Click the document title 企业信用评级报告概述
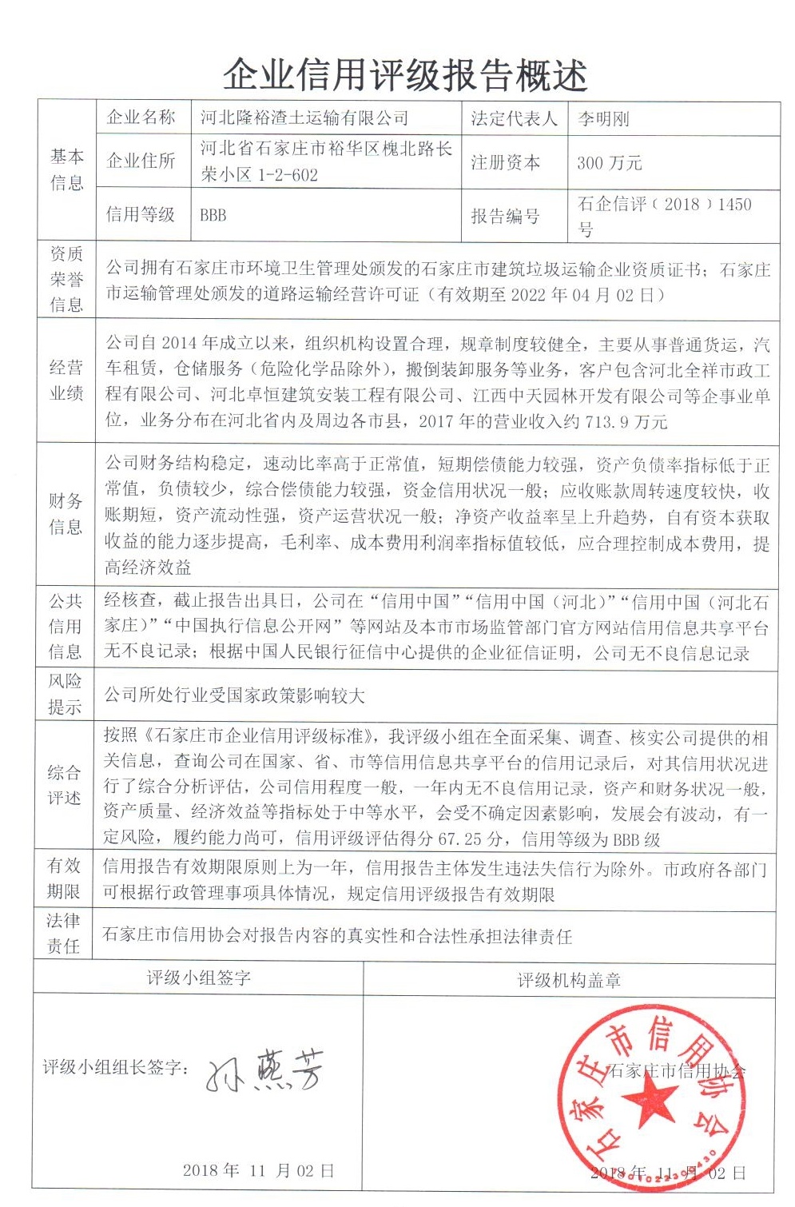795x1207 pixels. click(405, 75)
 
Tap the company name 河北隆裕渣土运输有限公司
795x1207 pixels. click(304, 119)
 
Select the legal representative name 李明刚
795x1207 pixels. click(604, 119)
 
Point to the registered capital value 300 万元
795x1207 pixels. click(610, 163)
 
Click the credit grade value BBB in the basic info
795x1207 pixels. click(213, 215)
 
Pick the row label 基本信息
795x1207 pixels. click(66, 169)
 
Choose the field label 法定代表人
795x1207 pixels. click(514, 119)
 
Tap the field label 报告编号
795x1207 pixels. click(505, 216)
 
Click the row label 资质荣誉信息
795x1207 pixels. click(66, 279)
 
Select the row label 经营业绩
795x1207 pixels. click(66, 380)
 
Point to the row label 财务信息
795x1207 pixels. click(66, 513)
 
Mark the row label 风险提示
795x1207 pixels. click(65, 694)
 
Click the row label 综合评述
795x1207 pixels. click(64, 785)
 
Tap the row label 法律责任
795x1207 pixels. click(63, 933)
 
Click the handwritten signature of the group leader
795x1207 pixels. click(265, 1070)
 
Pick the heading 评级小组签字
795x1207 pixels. click(198, 978)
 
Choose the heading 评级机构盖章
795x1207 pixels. click(569, 980)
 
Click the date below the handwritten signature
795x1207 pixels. click(258, 1170)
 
